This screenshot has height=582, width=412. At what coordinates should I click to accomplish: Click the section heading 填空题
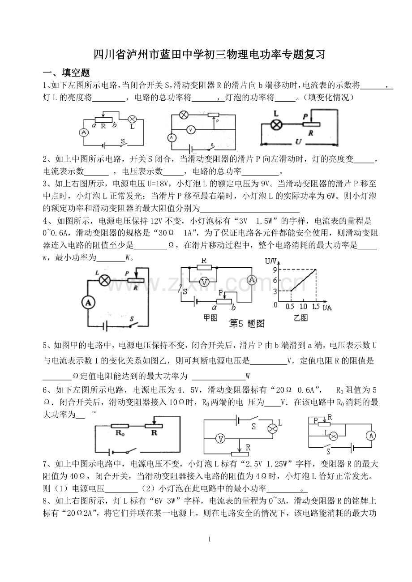[x=76, y=73]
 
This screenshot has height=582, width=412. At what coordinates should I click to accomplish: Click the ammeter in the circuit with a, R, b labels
[x=84, y=132]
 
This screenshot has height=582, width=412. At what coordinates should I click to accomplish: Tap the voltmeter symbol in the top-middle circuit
[x=191, y=130]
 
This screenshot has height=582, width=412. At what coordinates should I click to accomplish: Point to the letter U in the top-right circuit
[x=298, y=142]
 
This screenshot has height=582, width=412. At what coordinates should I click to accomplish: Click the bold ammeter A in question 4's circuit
[x=88, y=303]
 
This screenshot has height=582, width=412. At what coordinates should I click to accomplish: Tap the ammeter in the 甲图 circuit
[x=252, y=279]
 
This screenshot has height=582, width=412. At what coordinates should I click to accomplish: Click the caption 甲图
[x=210, y=317]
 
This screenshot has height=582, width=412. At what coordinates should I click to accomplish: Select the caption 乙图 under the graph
[x=301, y=317]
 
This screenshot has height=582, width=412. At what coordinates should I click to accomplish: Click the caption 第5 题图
[x=246, y=324]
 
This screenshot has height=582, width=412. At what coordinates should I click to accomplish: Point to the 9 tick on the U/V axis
[x=275, y=270]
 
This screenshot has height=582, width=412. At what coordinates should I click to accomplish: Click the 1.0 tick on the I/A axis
[x=303, y=307]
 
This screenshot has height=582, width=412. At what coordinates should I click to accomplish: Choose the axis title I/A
[x=327, y=308]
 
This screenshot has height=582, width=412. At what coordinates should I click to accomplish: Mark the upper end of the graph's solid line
[x=316, y=270]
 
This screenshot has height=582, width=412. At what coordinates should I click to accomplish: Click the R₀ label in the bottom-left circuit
[x=120, y=432]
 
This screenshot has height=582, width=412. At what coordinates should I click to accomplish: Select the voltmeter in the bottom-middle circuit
[x=221, y=439]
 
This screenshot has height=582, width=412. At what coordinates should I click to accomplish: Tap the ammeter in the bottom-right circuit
[x=371, y=436]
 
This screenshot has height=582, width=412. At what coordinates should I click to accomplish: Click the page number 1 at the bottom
[x=210, y=539]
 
